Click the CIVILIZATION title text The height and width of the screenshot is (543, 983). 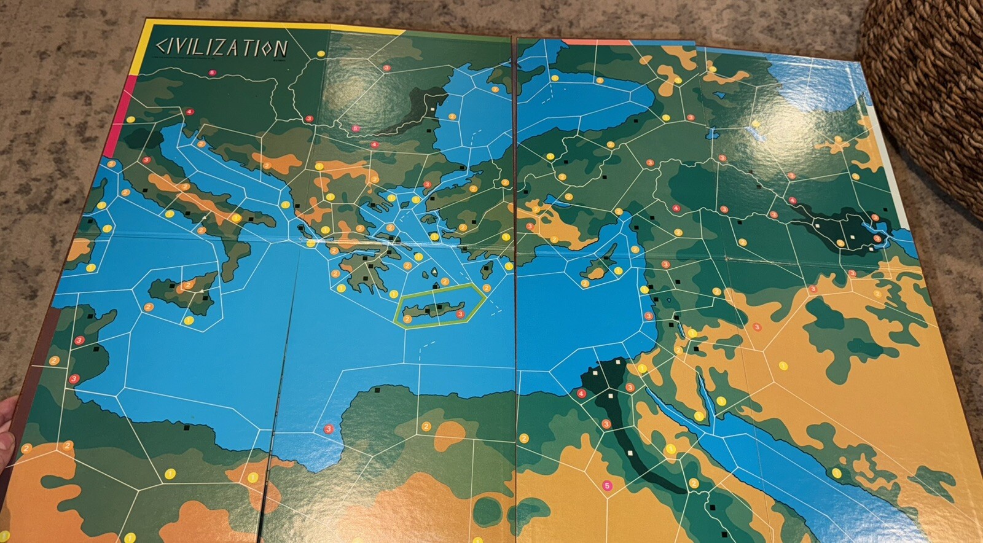point(222,48)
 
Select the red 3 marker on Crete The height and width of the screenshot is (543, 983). point(461,314)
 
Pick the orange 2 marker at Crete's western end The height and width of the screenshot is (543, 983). point(407,318)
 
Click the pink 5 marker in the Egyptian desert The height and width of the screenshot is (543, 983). point(608,486)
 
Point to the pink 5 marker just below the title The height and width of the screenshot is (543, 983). point(212,72)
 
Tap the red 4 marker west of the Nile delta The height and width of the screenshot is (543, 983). point(581,394)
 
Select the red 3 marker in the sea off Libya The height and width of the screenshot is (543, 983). point(329,428)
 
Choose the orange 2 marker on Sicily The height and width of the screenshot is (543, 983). point(188,286)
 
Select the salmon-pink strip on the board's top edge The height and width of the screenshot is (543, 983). point(596,42)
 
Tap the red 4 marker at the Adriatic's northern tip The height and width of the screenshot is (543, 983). point(189,112)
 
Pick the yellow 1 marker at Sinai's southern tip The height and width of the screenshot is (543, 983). point(699,416)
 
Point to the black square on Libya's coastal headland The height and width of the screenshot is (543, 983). point(378,389)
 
